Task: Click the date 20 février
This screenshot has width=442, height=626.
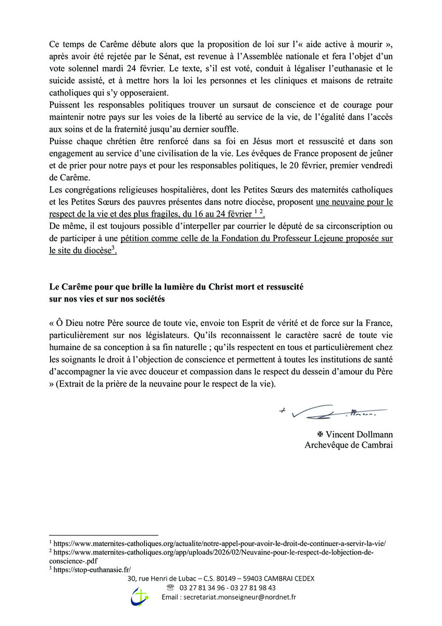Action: click(314, 165)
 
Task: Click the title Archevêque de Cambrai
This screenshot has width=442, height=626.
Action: click(349, 445)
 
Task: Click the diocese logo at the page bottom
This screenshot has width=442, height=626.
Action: click(140, 596)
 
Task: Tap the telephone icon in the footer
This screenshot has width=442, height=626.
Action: click(170, 587)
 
